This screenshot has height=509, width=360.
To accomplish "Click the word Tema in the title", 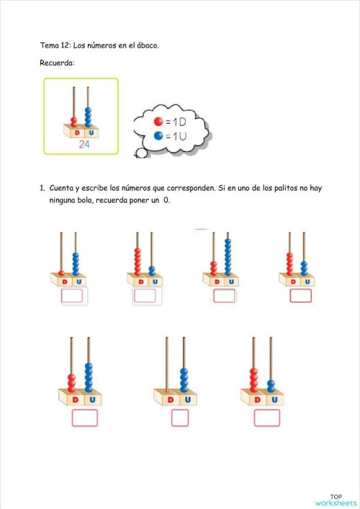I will coord(49,45).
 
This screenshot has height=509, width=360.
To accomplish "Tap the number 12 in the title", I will coord(65,45).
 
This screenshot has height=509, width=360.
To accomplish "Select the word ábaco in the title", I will coord(147,45).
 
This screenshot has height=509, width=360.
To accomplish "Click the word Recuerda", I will coord(56,63).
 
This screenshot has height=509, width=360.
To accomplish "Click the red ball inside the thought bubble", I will coord(158,121).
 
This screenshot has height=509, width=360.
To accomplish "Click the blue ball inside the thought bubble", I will coord(158,135).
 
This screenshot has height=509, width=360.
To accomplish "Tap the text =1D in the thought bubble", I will coord(175,121).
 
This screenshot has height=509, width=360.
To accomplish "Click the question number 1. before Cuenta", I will coord(42,188).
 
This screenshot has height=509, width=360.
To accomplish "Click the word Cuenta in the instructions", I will coord(62,188).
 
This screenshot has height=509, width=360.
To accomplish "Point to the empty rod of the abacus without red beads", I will coord(167,364).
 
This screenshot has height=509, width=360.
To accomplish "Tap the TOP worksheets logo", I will coord(336,499).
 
